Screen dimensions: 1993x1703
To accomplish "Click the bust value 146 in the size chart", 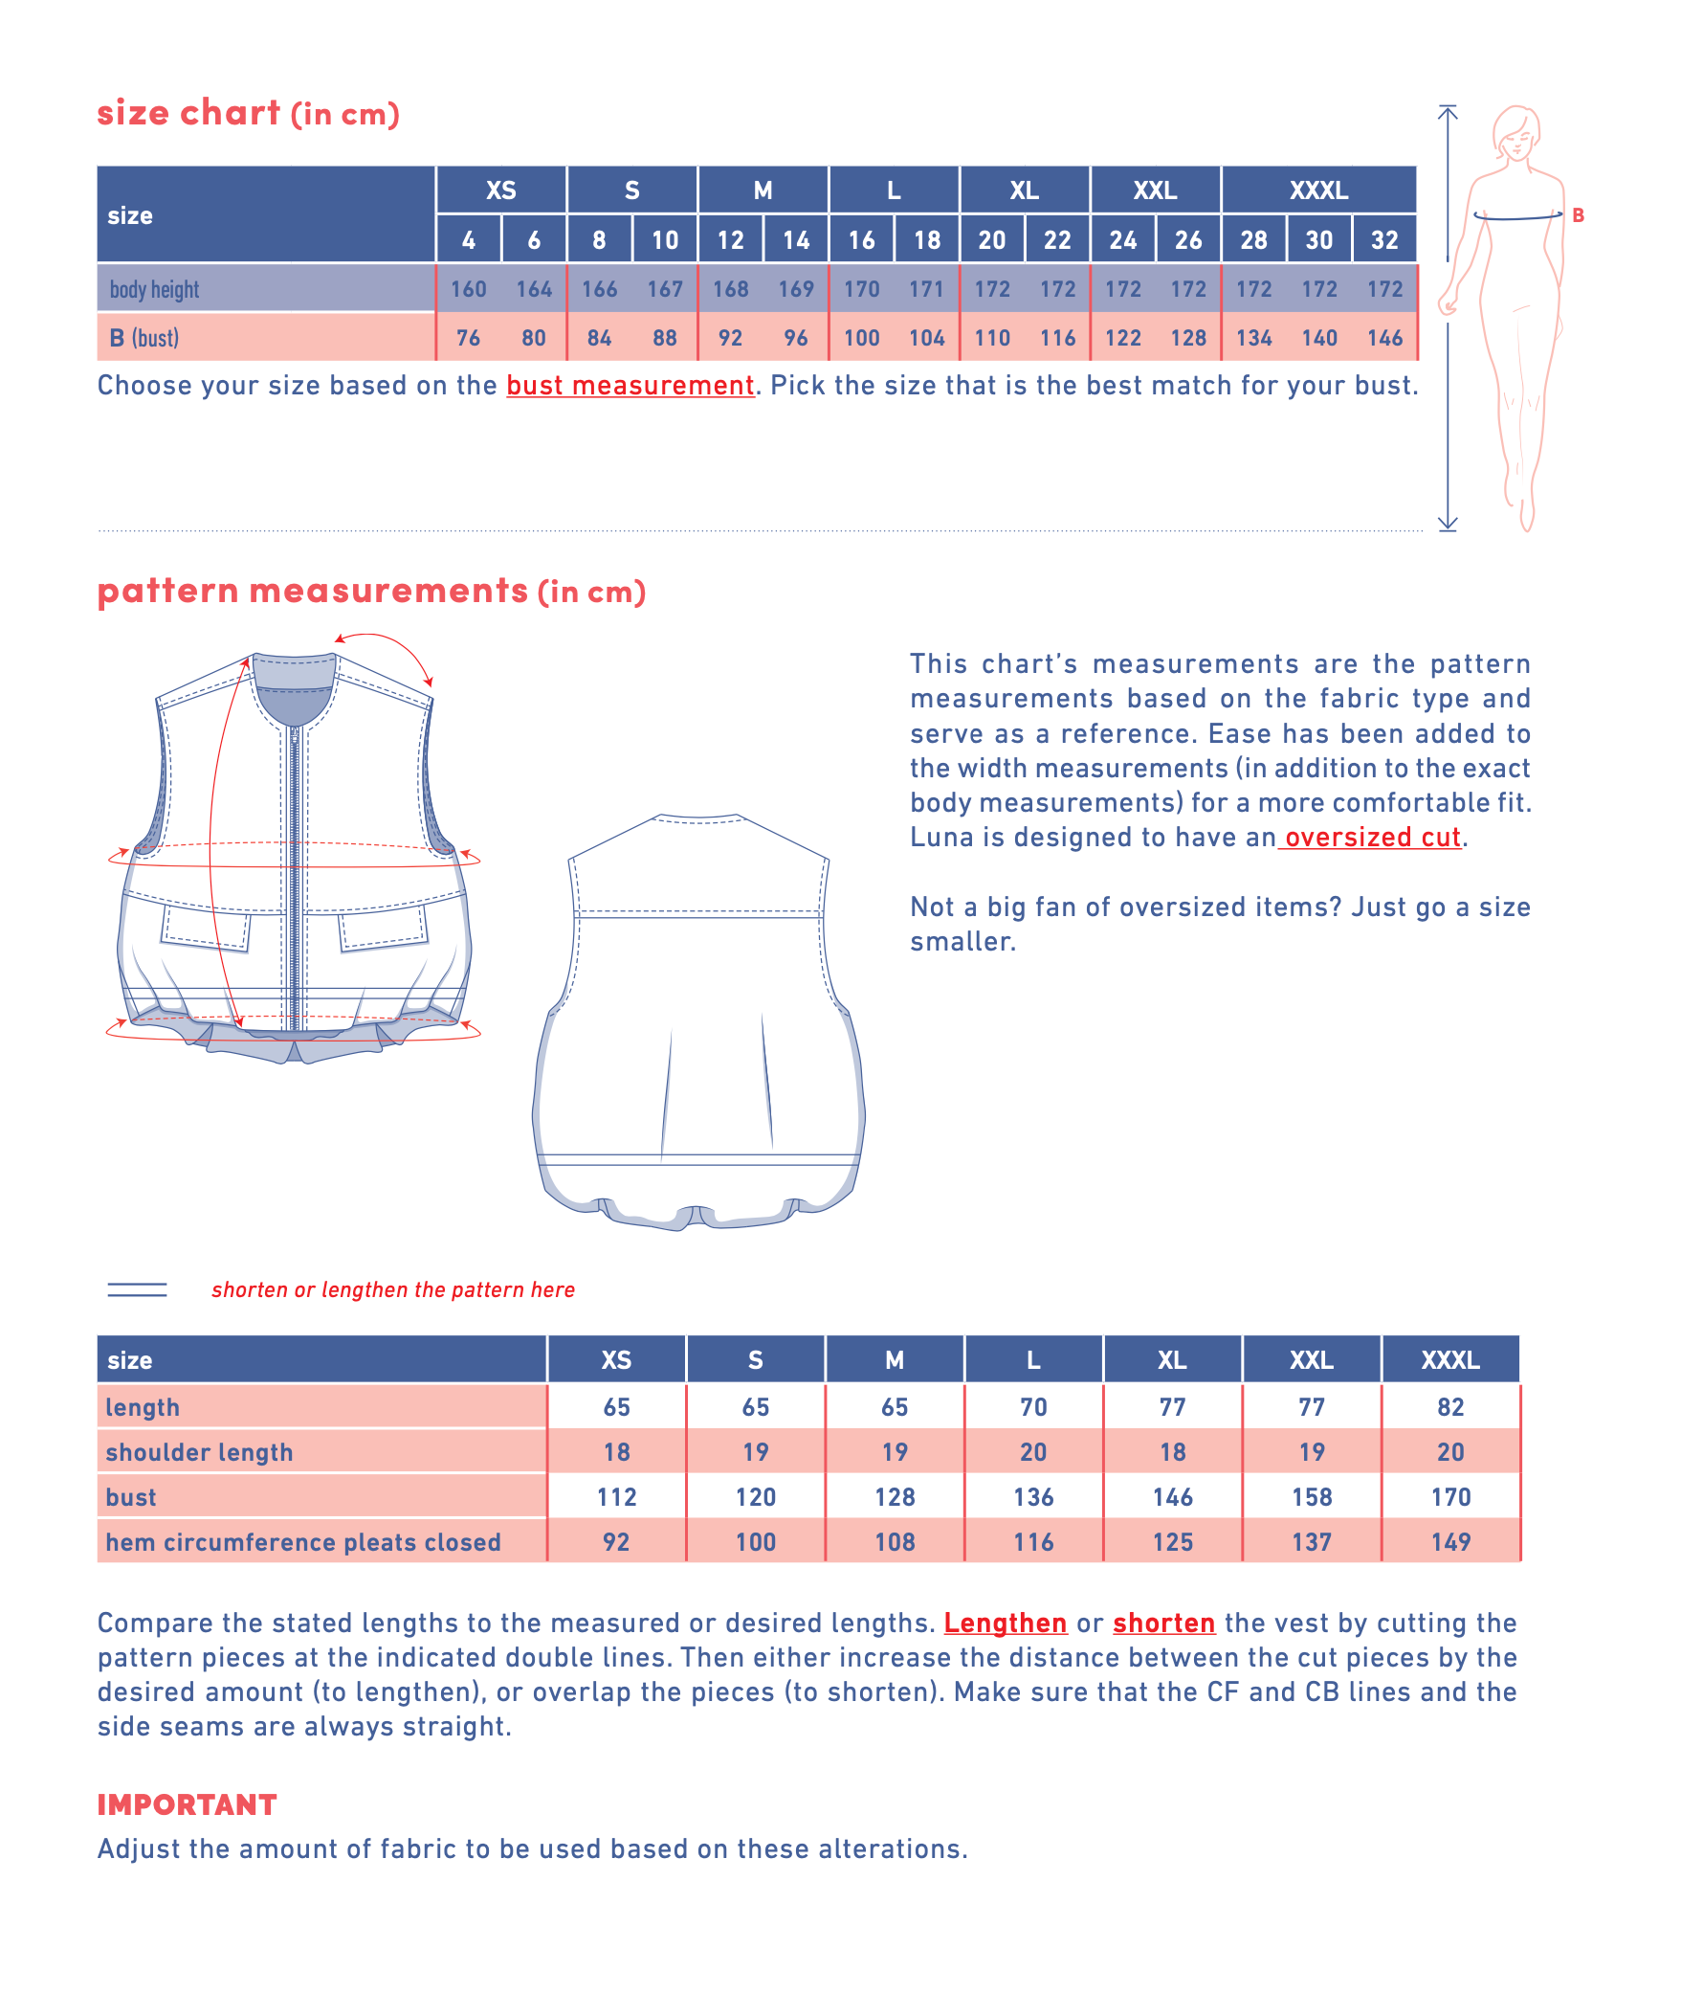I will tap(1383, 338).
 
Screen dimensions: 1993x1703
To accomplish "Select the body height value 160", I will tap(468, 288).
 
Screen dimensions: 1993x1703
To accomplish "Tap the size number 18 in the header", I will tap(926, 239).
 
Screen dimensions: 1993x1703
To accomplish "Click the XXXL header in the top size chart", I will tap(1317, 190).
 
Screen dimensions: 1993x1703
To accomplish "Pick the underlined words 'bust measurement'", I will tap(630, 386).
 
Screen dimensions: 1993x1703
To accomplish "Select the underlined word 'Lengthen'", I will tap(1005, 1623).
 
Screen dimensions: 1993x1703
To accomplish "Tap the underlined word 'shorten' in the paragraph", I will tap(1163, 1623).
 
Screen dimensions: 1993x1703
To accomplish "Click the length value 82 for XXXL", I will tap(1450, 1407).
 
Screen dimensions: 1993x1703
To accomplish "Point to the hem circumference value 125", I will tap(1172, 1542).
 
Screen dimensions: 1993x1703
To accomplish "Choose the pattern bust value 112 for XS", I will tap(616, 1497).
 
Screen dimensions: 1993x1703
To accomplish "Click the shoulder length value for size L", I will tap(1032, 1451).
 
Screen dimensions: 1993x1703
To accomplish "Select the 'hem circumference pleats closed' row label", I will tap(303, 1542).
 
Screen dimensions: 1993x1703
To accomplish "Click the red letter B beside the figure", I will tap(1578, 215).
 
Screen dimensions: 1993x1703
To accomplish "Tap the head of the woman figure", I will tap(1516, 133).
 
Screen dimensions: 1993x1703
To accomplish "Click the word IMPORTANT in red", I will tap(187, 1804).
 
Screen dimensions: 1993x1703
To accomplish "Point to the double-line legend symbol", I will tap(137, 1289).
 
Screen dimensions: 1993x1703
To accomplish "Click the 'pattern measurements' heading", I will tap(313, 591).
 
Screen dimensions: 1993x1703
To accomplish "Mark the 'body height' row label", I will tap(154, 288).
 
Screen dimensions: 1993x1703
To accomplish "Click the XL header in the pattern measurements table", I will tap(1171, 1360).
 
